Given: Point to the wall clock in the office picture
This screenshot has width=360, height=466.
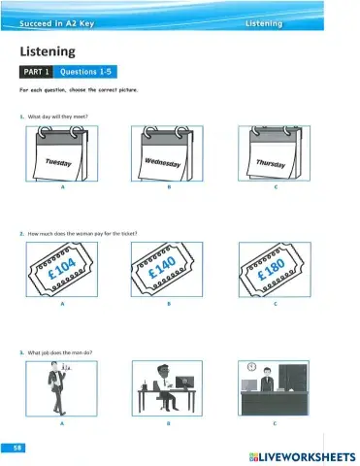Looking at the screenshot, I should [251, 367].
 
